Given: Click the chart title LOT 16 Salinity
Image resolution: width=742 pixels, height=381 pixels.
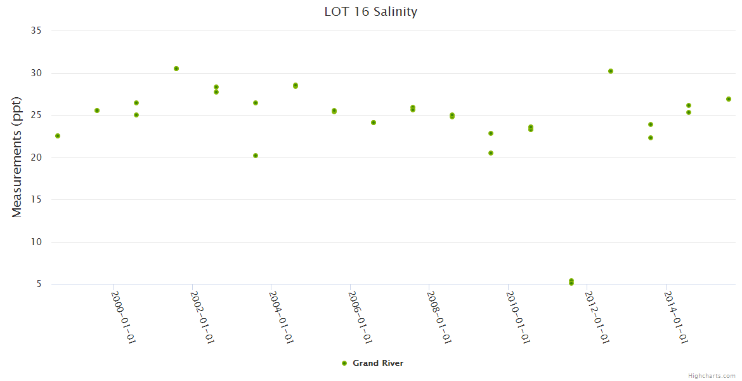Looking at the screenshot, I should coord(370,11).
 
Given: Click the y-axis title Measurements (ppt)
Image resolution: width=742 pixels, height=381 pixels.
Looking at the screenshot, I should coord(17,157).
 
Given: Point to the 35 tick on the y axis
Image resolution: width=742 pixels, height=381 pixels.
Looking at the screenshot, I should coord(36,30).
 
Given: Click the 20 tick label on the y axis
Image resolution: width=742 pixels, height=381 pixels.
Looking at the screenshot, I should coord(36,157).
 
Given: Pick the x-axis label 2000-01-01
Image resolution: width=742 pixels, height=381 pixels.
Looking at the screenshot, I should coord(124,317).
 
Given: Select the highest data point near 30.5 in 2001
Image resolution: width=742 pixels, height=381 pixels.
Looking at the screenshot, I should coord(176,69).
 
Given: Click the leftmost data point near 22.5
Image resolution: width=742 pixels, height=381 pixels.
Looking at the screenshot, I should coord(58,136).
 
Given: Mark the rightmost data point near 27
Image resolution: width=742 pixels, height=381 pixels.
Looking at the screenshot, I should coord(729,99).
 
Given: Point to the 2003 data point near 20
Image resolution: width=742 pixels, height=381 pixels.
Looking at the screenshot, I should coord(256,156).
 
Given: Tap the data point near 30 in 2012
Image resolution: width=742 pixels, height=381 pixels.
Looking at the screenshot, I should coord(611,71).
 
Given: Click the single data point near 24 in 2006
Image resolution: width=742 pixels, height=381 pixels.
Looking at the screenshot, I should coord(374,123).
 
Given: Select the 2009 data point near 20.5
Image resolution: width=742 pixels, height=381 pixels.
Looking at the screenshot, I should coord(491,153).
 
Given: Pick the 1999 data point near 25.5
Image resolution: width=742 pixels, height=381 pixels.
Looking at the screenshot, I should coord(97,110).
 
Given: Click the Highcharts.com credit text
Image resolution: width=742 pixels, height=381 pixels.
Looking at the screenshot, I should coord(712,375).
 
